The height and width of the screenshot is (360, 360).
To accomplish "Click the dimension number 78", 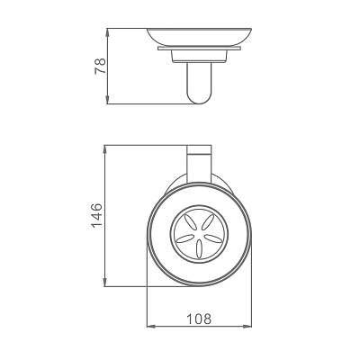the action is pyautogui.click(x=101, y=66).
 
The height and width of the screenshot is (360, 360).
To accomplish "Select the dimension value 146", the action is pyautogui.click(x=97, y=215).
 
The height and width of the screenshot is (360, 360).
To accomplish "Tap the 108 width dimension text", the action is pyautogui.click(x=199, y=319).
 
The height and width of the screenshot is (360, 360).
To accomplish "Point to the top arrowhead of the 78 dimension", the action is pyautogui.click(x=107, y=32).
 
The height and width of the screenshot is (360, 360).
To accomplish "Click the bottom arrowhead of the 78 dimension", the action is pyautogui.click(x=107, y=100).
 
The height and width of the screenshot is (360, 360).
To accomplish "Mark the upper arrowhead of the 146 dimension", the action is pyautogui.click(x=104, y=149).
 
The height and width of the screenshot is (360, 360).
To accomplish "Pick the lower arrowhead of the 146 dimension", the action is pyautogui.click(x=104, y=283).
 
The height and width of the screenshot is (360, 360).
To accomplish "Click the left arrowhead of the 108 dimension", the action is pyautogui.click(x=151, y=326).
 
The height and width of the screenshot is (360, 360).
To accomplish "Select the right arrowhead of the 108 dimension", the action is pyautogui.click(x=247, y=326).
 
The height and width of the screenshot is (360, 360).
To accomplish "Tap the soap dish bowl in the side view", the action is pyautogui.click(x=199, y=37).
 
